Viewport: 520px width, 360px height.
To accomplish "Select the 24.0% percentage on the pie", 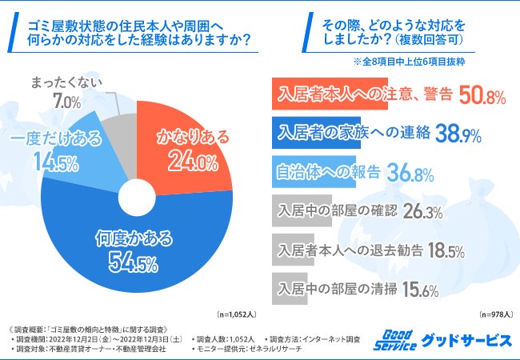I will point(193,162).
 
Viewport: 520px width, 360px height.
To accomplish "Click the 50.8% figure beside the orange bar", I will point(482,97).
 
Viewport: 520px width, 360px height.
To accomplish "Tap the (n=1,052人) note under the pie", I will point(237,315).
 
